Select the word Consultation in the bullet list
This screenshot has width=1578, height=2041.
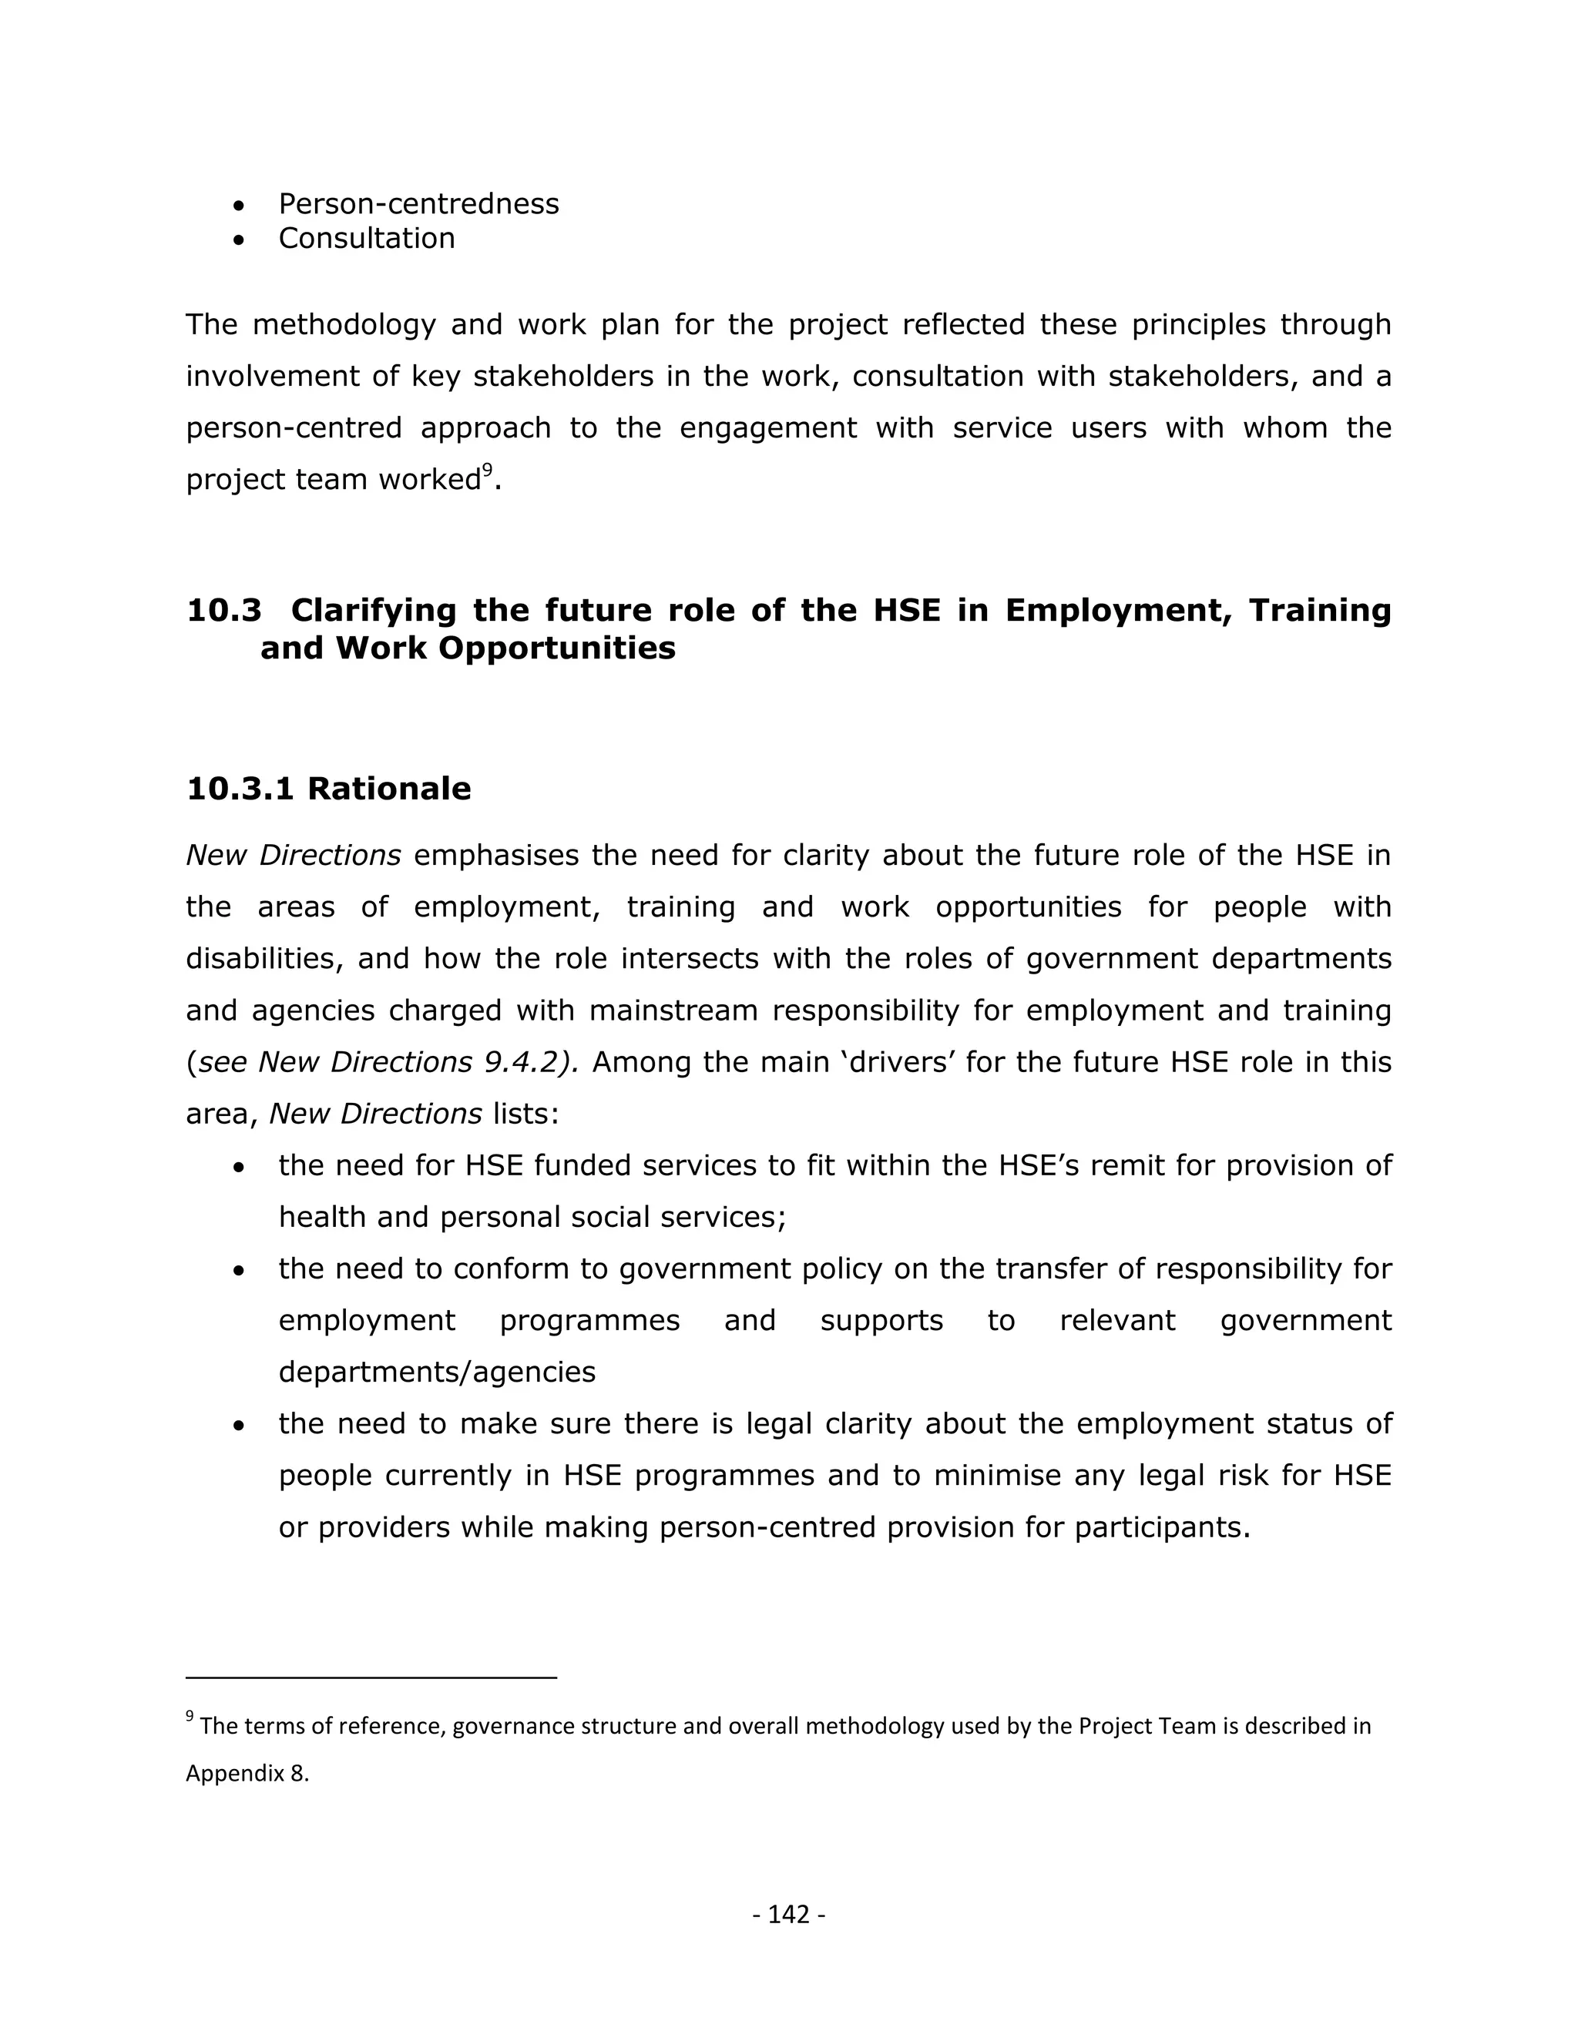click(367, 238)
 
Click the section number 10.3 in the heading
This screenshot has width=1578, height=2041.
click(223, 610)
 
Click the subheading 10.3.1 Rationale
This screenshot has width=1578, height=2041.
click(328, 789)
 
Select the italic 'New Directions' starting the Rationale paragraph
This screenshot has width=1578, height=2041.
click(294, 855)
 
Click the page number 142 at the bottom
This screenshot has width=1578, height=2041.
click(788, 1915)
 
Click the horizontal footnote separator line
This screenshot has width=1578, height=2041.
click(371, 1677)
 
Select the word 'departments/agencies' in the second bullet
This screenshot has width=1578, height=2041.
click(437, 1372)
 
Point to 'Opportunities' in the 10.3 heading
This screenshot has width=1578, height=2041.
click(556, 648)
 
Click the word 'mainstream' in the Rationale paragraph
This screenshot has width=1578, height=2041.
click(650, 1011)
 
